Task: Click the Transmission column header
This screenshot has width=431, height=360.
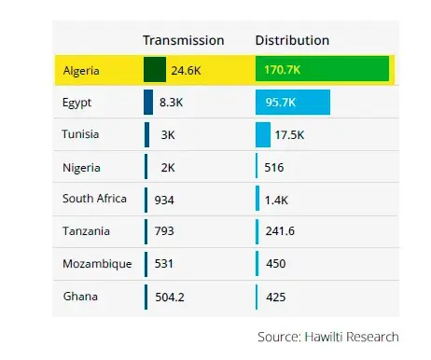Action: [x=183, y=40]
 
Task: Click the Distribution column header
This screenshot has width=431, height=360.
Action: [x=292, y=40]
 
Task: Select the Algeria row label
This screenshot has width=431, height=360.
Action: [x=83, y=70]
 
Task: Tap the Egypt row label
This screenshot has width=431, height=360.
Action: [x=77, y=102]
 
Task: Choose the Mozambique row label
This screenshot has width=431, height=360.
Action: [x=97, y=264]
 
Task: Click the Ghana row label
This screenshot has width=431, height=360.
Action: [x=79, y=297]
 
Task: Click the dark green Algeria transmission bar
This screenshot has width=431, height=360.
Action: [x=155, y=70]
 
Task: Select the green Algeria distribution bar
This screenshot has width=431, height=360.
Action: [x=322, y=70]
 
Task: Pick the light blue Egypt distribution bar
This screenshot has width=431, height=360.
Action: [x=293, y=102]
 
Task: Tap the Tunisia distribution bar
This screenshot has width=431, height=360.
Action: [x=263, y=134]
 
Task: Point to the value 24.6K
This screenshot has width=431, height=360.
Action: [x=186, y=70]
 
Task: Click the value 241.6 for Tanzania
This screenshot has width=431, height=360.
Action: [x=281, y=231]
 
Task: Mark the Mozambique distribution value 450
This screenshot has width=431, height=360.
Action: [x=276, y=264]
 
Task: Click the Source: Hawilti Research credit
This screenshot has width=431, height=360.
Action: [x=327, y=336]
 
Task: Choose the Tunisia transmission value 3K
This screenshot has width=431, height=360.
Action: [x=168, y=134]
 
